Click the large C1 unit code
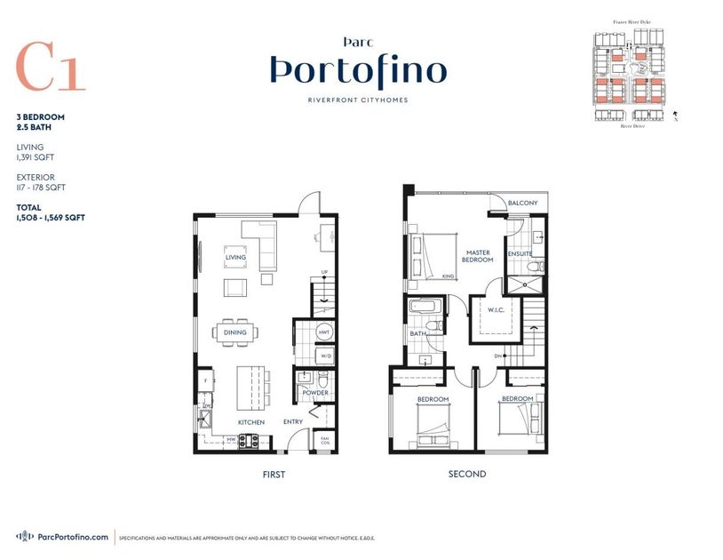point(51,67)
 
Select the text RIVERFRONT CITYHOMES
point(357,100)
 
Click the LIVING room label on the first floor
point(235,258)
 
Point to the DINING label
point(235,332)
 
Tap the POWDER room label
point(315,393)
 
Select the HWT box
point(324,333)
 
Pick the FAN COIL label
point(325,440)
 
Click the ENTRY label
point(293,422)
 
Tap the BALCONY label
point(522,204)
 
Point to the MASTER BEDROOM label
point(479,257)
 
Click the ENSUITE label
point(519,253)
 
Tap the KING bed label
point(448,276)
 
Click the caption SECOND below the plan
point(466,475)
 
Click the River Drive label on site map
point(632,126)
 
